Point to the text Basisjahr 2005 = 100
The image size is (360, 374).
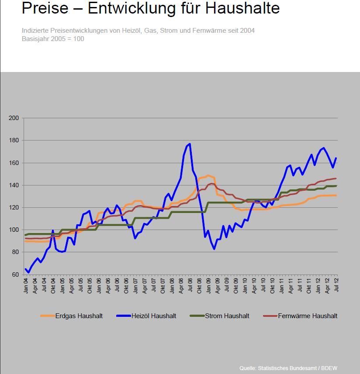(x=53, y=39)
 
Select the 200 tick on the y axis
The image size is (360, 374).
(x=14, y=118)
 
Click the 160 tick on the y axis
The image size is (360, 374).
(x=14, y=163)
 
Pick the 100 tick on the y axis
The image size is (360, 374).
(x=14, y=230)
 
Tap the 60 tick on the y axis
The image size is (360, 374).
(x=15, y=274)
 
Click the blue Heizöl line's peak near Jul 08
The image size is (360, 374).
(x=190, y=144)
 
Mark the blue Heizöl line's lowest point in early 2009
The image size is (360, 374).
(x=214, y=249)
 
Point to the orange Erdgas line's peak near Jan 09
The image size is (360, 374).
(x=208, y=175)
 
